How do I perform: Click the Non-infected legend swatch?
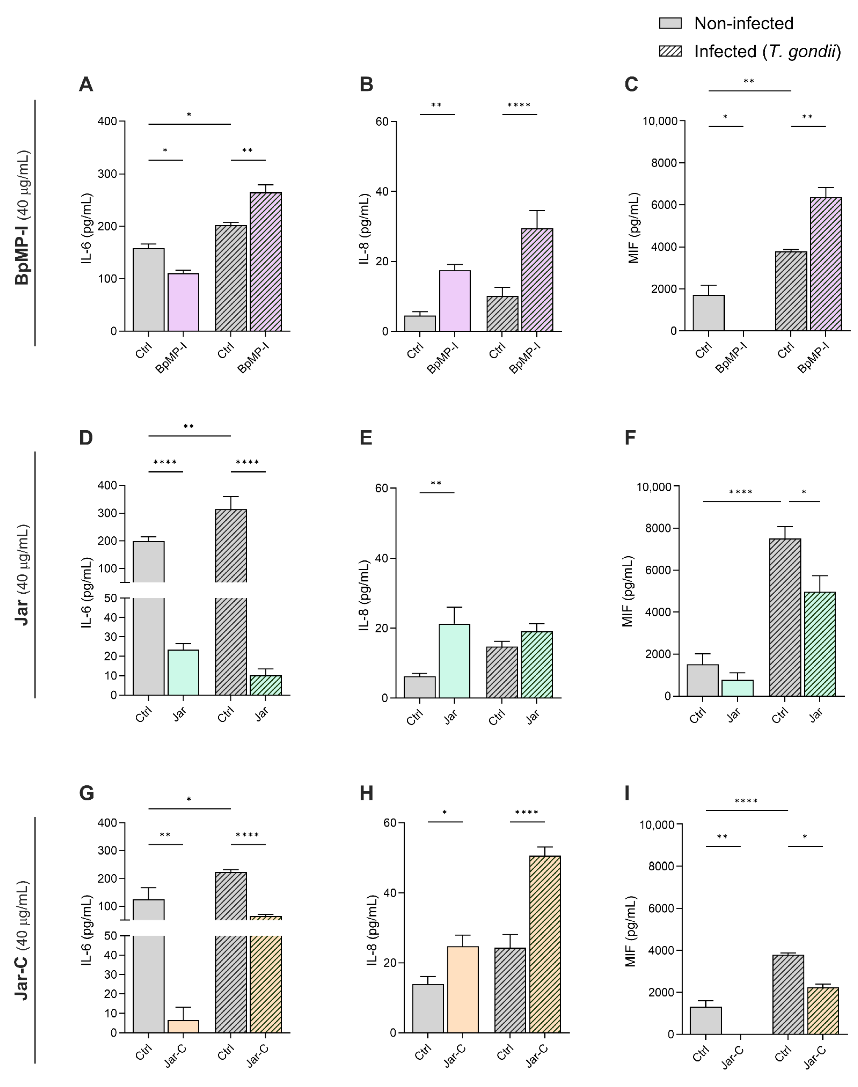[670, 23]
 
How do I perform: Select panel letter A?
[86, 84]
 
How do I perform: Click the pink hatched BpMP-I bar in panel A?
[266, 262]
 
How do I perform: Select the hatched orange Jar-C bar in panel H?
[545, 944]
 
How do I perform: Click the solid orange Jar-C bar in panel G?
[183, 1026]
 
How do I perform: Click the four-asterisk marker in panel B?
[519, 105]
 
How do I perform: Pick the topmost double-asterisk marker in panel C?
[748, 81]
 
